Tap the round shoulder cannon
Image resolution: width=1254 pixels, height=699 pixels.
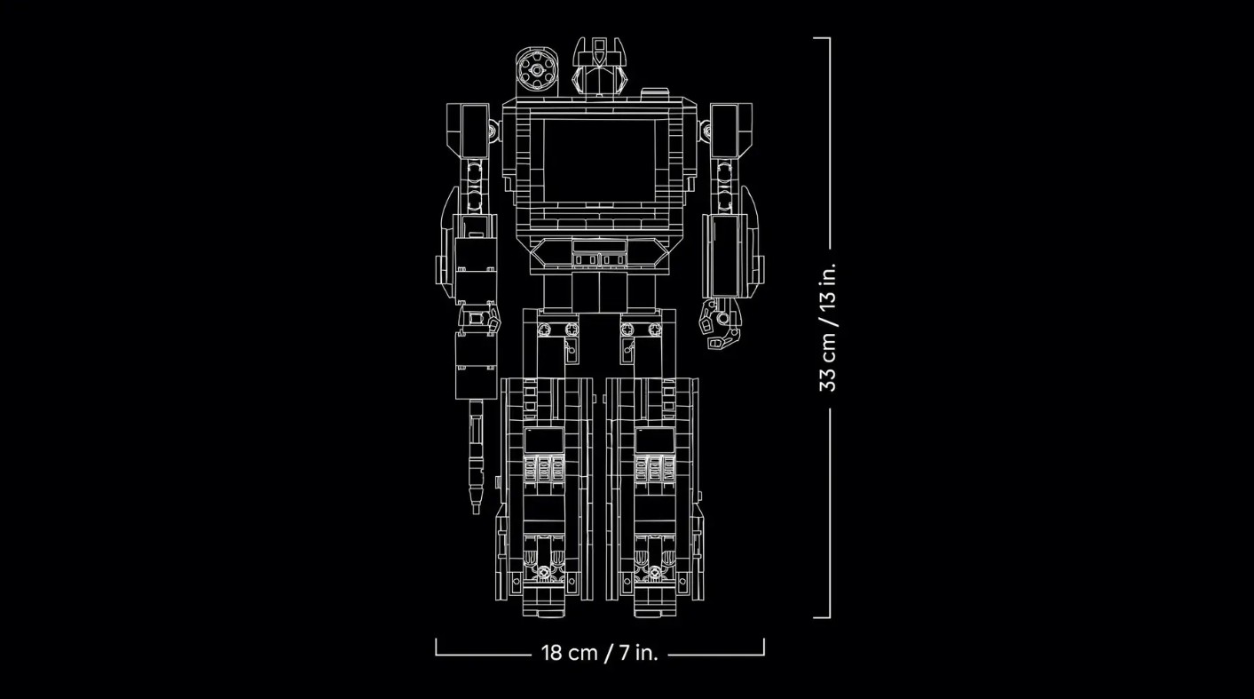537,70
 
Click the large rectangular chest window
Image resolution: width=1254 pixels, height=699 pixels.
599,161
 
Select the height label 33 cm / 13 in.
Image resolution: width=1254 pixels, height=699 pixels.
828,328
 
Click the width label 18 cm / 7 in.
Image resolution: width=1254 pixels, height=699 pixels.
599,653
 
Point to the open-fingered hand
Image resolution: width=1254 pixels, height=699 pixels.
720,323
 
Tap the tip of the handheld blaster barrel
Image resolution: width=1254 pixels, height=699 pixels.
476,510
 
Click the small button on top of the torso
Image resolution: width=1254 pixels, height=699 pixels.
654,92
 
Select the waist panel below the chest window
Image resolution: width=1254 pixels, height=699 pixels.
599,254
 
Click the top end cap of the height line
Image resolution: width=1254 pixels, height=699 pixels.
822,38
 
